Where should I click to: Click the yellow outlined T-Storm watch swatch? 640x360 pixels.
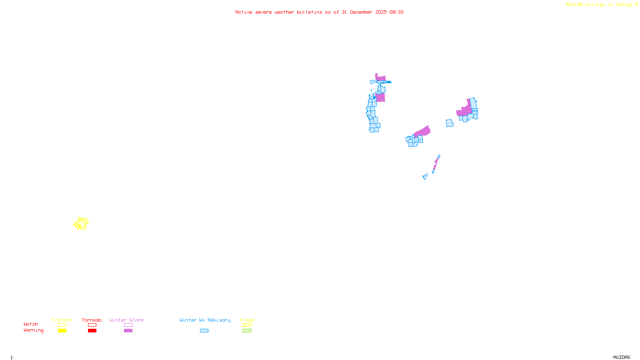(x=62, y=325)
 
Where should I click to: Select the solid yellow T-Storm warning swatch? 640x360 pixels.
(x=62, y=331)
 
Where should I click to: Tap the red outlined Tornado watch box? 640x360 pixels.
(x=92, y=325)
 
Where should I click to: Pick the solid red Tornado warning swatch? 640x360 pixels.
(x=92, y=331)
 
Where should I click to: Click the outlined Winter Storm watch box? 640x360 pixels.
(x=128, y=325)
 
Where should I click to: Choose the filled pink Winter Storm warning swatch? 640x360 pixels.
(x=128, y=331)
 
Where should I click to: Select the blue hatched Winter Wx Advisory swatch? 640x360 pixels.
(x=204, y=331)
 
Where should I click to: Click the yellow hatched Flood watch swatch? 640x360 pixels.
(x=247, y=325)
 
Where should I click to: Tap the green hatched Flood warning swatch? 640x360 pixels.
(x=247, y=331)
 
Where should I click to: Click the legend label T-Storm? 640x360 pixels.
(x=62, y=320)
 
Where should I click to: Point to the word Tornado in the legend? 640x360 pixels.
(x=92, y=320)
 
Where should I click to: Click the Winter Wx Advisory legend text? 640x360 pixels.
(x=205, y=320)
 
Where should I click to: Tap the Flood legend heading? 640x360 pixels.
(x=247, y=320)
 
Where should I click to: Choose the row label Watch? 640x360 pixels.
(x=31, y=324)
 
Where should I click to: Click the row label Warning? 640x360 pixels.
(x=34, y=330)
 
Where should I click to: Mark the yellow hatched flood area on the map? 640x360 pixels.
(x=81, y=223)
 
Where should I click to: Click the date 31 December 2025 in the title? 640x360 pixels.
(x=364, y=12)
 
